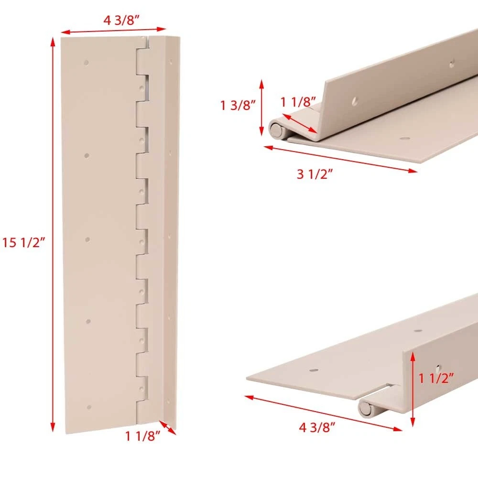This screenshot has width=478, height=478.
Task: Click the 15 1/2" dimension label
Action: click(24, 243)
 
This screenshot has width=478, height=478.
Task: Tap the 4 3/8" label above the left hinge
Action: click(121, 21)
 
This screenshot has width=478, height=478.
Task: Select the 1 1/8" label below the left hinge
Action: click(142, 436)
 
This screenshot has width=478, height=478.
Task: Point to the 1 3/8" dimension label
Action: click(238, 105)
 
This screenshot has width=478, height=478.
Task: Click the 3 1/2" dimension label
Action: click(315, 174)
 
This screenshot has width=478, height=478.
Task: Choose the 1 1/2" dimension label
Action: click(436, 378)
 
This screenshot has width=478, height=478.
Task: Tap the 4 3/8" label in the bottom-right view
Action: click(317, 427)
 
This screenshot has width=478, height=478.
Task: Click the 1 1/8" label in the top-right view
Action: click(298, 102)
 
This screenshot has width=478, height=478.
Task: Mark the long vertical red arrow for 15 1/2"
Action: click(53, 234)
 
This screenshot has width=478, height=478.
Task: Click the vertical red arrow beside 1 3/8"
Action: click(261, 107)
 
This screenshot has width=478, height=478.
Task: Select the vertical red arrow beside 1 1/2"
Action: click(413, 389)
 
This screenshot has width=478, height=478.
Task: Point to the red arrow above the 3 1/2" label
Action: click(340, 159)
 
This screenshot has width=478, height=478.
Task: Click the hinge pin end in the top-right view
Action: click(276, 130)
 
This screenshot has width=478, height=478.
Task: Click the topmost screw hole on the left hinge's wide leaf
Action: click(86, 63)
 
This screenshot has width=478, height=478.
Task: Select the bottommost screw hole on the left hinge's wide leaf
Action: click(89, 407)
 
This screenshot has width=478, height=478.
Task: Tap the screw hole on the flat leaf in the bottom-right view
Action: click(314, 370)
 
